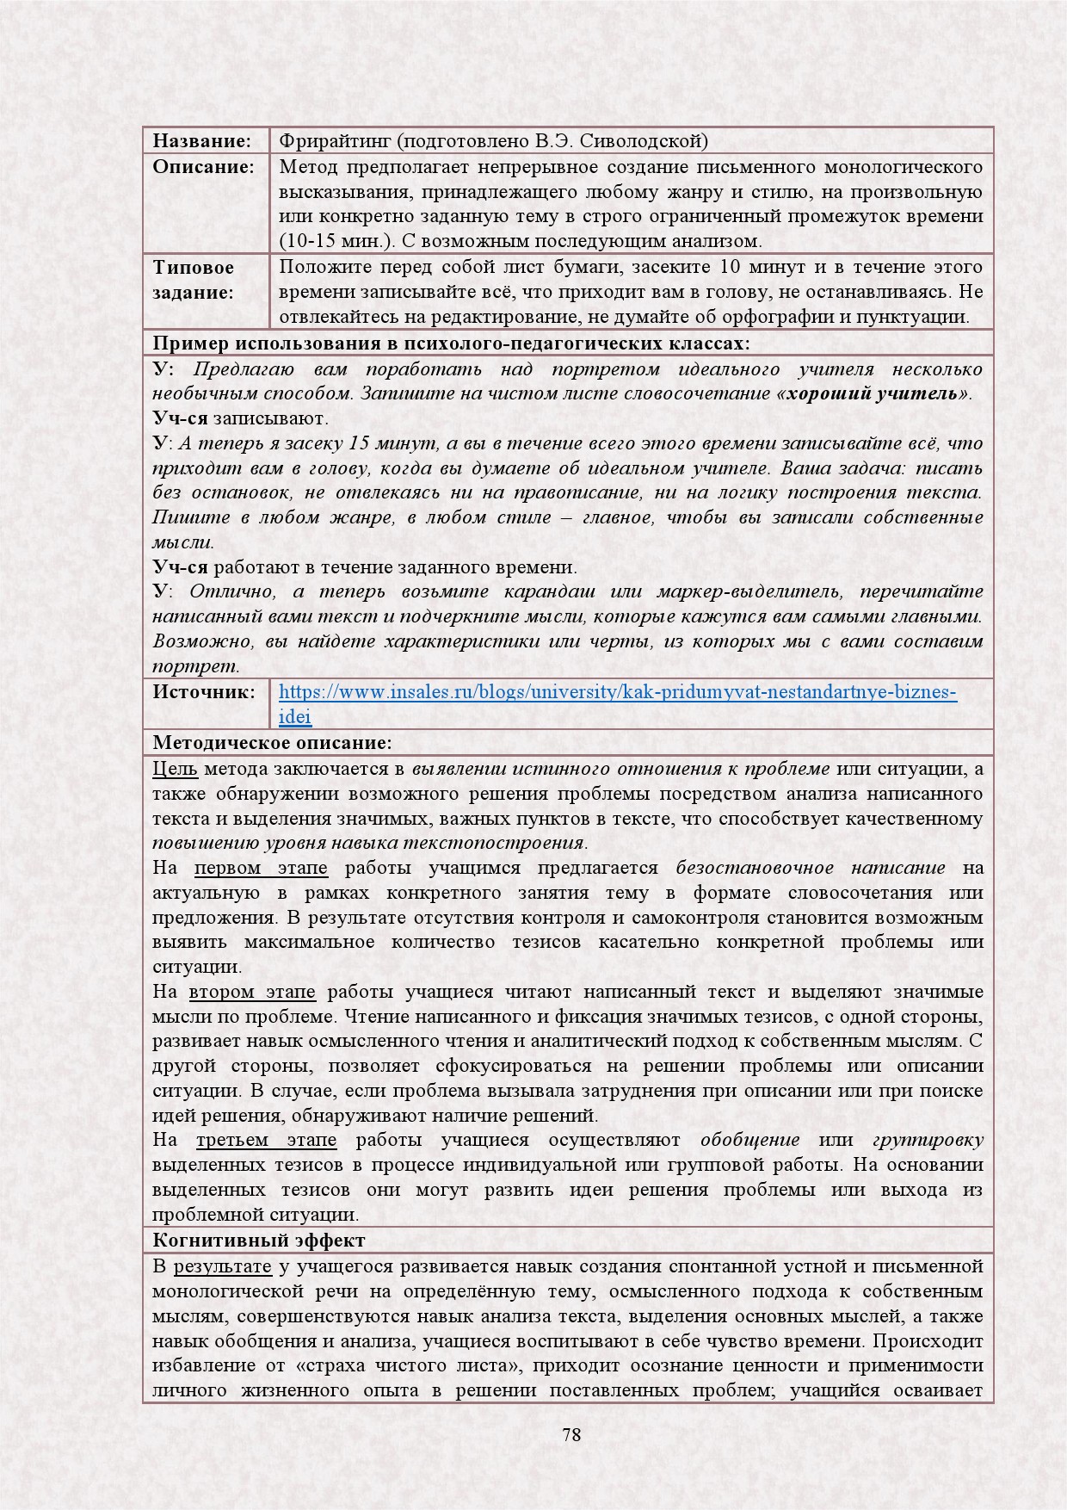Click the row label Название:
coord(201,141)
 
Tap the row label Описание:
coord(204,166)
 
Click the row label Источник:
coord(204,691)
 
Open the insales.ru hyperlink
coord(617,692)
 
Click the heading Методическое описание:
coord(272,743)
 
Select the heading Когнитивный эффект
coord(258,1241)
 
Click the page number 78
coord(571,1435)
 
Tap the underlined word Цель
coord(175,769)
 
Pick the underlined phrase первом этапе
coord(261,868)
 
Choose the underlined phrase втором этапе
coord(252,993)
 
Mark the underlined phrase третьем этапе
coord(266,1141)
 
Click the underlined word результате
coord(222,1266)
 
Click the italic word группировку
coord(928,1141)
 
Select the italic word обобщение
coord(749,1141)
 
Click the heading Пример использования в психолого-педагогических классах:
coord(451,344)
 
